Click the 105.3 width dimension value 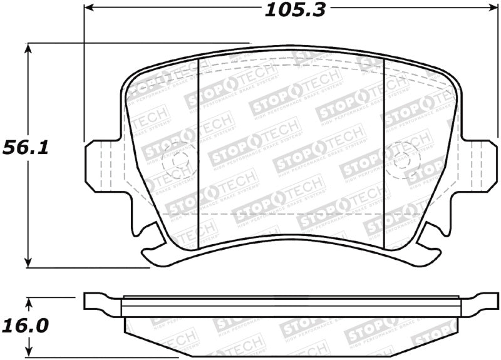294,9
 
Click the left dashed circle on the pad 175,162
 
